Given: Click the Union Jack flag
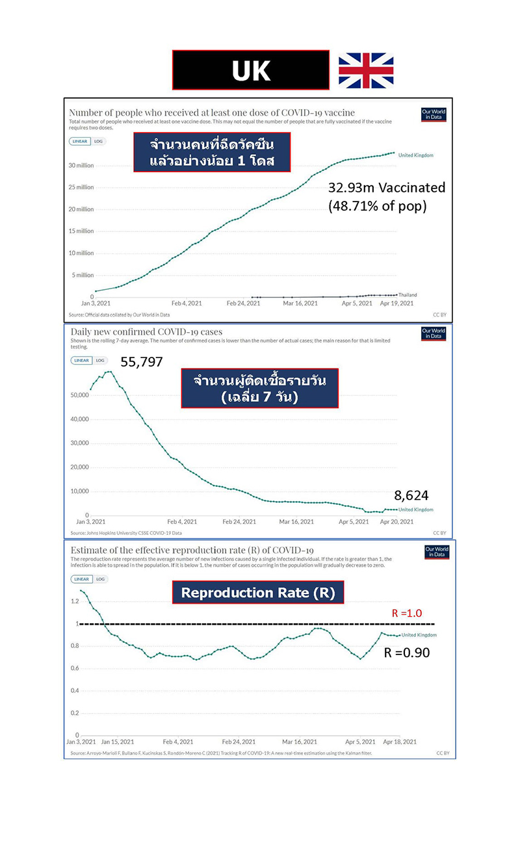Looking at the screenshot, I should coord(366,70).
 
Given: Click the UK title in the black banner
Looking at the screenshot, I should coord(251,70).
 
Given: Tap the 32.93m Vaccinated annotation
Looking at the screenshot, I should coord(387,188).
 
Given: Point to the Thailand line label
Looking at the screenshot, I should coord(408,295).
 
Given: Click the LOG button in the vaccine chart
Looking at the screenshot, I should coord(99,141).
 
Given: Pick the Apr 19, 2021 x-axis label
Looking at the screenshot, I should coord(396,303).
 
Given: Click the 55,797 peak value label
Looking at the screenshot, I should coord(142,362).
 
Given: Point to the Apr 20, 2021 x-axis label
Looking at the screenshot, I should coord(397,521).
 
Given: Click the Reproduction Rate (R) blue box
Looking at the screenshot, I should coord(257,593).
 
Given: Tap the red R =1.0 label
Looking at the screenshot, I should coord(408,613).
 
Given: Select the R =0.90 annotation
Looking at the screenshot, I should coord(407,653).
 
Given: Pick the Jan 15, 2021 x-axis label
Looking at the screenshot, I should coord(118,742).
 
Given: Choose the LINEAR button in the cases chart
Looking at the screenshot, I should coord(81,360).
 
